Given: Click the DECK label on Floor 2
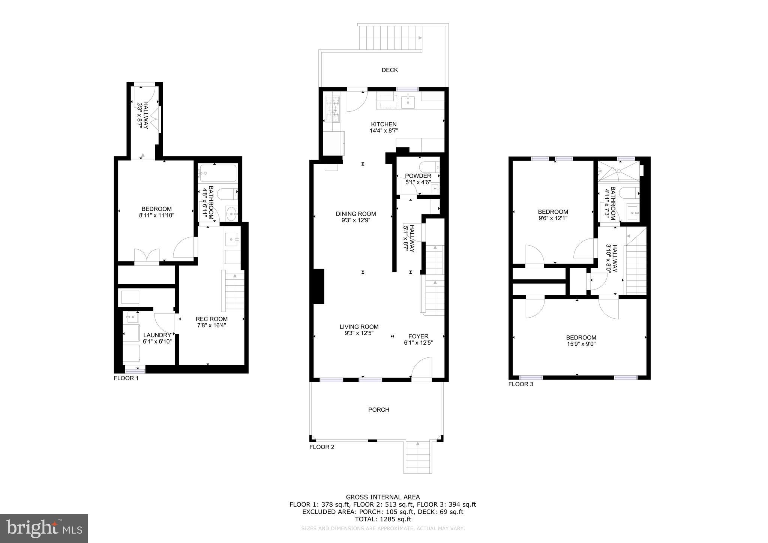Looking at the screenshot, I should [390, 70].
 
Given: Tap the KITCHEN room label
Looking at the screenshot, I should [384, 124].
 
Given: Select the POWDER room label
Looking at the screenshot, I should [418, 176].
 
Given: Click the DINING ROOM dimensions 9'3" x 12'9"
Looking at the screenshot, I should [356, 220].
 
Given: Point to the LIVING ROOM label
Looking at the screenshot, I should [359, 327].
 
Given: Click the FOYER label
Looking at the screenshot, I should [418, 336].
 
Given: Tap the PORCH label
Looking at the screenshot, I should [379, 409].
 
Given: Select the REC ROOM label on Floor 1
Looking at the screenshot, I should [211, 319].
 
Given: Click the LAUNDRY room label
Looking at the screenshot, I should [157, 335].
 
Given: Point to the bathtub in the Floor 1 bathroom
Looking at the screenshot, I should [217, 173].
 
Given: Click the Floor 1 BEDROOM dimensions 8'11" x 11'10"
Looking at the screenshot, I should [156, 215].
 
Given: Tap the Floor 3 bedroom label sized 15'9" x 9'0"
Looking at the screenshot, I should [581, 337].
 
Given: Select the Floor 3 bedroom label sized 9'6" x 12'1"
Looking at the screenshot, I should [553, 212].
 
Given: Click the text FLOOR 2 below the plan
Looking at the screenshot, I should [321, 447].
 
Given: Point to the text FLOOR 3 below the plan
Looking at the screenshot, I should [520, 384].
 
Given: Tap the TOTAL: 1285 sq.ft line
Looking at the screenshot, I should [382, 519].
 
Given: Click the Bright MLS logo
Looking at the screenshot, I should [44, 528].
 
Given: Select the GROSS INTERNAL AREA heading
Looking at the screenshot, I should [382, 497].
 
